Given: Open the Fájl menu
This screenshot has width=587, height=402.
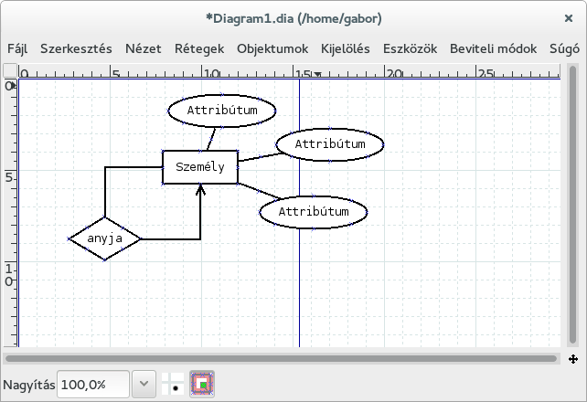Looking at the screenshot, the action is point(17,49).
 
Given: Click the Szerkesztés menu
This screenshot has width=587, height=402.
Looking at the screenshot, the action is point(76,49).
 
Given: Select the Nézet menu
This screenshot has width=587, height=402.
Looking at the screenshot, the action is point(144,49).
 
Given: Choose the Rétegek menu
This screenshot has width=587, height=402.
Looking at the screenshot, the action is point(199,49).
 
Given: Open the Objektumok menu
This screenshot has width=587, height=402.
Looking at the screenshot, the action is point(272,49).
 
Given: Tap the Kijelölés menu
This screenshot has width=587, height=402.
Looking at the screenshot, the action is point(346,49).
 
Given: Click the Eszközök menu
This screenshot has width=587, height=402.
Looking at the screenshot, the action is point(410,49).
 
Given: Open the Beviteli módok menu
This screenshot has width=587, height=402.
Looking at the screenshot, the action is point(494,49).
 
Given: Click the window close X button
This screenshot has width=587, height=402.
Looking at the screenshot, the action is point(569,18).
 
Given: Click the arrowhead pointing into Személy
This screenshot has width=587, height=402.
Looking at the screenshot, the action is point(200,189).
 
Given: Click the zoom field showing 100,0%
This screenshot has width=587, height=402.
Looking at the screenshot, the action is point(93,385).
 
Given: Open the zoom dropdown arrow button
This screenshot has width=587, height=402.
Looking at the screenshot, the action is point(144,384).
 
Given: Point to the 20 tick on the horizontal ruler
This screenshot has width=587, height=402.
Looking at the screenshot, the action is point(384,71).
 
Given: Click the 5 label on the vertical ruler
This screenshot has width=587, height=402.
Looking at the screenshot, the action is point(9,177).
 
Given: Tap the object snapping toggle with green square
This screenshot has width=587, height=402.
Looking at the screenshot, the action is point(202,384).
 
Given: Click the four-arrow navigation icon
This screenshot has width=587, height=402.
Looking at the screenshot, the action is point(573,359).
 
